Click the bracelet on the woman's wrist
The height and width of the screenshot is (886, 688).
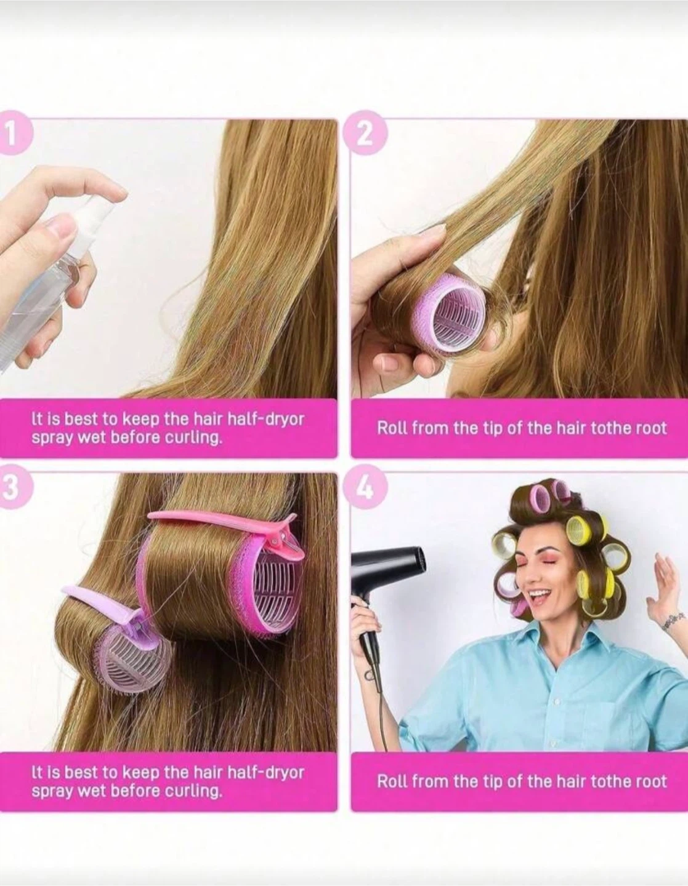pyautogui.click(x=673, y=623)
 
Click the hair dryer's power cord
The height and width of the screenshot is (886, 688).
pyautogui.click(x=379, y=709)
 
